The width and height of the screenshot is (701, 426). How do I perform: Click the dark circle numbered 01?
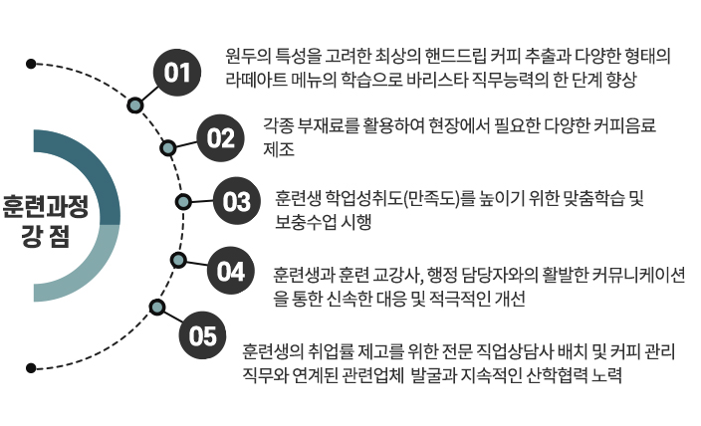176,73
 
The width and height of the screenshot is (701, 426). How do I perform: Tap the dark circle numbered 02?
219,137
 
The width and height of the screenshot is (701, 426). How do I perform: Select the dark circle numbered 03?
236,202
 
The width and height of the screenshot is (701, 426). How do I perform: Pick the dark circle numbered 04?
230,271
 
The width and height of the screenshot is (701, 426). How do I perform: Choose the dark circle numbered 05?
202,335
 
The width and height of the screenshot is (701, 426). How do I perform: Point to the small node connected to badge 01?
134,104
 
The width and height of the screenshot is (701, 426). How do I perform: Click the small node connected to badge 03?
183,202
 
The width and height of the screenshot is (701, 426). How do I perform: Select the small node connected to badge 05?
156,306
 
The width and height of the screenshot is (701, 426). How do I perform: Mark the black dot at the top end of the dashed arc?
31,64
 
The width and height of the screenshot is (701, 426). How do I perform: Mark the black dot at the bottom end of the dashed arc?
31,368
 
